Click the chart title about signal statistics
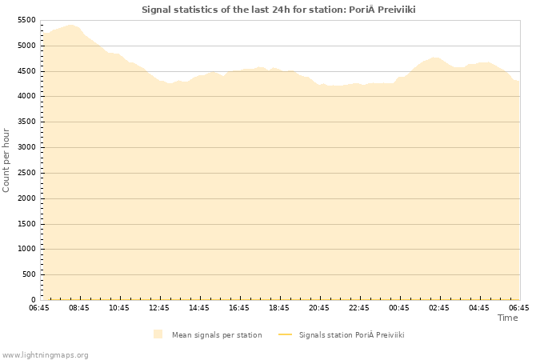[278, 10]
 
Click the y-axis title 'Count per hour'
[7, 159]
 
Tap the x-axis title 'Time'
[507, 318]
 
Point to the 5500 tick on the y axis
[26, 20]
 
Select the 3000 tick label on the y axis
[26, 147]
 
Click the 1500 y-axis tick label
[26, 224]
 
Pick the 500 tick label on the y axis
[29, 274]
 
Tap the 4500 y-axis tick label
[26, 71]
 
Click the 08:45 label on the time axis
[79, 308]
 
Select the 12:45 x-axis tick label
[159, 308]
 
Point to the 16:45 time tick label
[239, 308]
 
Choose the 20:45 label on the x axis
[319, 308]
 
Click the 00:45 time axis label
[399, 308]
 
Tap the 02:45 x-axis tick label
[439, 308]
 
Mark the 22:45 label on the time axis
[359, 308]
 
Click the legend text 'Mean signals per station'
[217, 335]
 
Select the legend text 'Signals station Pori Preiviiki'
[351, 335]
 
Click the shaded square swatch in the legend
[158, 334]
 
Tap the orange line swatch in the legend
[285, 335]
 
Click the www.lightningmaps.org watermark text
[46, 354]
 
